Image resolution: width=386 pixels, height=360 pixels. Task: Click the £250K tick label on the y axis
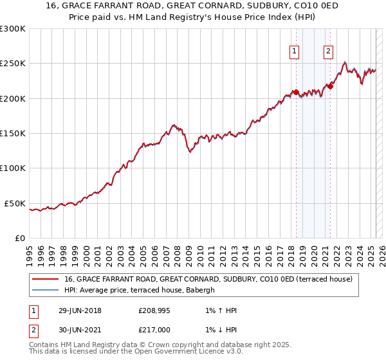[x=13, y=64]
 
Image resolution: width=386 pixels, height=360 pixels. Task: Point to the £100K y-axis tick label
[x=13, y=168]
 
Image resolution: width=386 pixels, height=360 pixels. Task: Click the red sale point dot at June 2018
[x=296, y=92]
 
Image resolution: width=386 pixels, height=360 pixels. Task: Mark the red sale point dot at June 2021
[x=330, y=86]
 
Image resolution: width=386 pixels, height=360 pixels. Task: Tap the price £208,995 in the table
[x=155, y=311]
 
